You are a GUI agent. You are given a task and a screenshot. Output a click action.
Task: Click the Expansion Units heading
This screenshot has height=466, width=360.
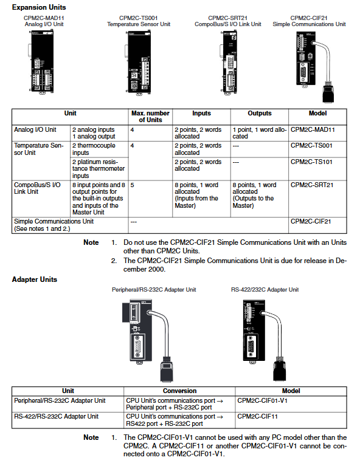[39, 7]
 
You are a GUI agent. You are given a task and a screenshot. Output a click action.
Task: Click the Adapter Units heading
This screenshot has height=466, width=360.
[35, 279]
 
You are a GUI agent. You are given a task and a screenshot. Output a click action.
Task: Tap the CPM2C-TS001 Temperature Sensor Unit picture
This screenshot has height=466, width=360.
[138, 63]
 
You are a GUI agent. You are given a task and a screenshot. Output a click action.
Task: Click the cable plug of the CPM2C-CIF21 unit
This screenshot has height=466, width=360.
[328, 94]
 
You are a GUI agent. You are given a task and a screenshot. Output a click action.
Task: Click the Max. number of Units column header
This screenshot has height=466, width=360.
[150, 117]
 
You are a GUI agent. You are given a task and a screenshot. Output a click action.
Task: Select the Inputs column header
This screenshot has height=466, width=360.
[201, 113]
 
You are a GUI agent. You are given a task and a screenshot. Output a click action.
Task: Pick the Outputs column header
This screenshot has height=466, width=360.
[260, 113]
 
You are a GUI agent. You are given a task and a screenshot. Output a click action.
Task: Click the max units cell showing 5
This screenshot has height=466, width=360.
[132, 185]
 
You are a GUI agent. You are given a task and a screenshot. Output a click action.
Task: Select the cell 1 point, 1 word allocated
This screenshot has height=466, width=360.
[260, 133]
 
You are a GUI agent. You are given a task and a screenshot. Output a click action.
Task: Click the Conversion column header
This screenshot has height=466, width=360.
[180, 391]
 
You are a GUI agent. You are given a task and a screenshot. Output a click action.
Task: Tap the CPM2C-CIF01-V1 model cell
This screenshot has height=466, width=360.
[262, 400]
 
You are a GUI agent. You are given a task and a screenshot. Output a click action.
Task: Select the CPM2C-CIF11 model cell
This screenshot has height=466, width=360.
[257, 416]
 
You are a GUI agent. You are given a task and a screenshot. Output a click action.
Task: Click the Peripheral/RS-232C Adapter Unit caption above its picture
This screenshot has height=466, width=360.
[154, 289]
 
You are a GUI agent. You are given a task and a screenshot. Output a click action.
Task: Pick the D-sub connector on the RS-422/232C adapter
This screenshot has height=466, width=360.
[251, 346]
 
